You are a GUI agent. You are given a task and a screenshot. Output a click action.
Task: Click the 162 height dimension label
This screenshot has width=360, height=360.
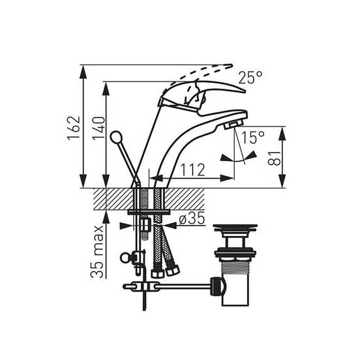(74, 128)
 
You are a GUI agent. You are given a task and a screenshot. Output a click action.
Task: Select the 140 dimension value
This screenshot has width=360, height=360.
(98, 128)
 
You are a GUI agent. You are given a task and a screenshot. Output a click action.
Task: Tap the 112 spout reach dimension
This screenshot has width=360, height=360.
(193, 170)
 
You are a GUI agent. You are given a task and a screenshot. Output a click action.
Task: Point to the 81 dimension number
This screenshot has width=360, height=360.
(275, 158)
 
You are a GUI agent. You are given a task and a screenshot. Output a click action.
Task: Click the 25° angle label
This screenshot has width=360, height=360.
(250, 78)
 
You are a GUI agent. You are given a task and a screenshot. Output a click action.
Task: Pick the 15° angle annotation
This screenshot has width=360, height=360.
(253, 138)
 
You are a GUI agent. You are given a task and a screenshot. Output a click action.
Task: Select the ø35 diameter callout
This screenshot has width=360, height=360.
(192, 218)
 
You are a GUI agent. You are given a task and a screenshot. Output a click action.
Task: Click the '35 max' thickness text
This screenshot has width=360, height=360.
(97, 252)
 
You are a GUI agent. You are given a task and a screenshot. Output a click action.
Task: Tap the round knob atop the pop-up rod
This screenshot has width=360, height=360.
(115, 137)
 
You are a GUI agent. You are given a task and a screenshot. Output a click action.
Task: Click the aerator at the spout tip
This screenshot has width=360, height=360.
(233, 125)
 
